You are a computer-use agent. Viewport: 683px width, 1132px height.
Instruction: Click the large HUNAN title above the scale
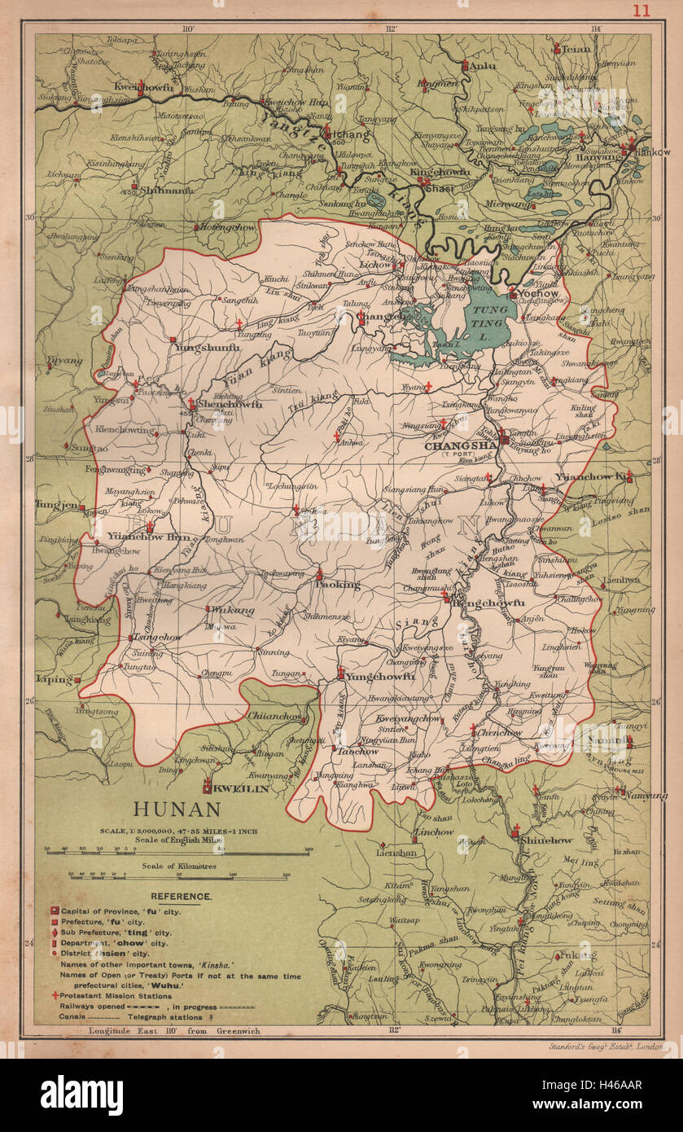pos(177,810)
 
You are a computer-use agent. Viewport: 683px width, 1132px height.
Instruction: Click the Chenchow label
pos(500,732)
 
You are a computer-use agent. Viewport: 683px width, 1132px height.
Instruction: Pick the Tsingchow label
pos(157,637)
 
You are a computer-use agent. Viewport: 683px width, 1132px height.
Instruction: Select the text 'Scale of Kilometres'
pos(178,867)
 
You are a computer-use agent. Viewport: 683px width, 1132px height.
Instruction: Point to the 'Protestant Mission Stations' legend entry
pos(117,995)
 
